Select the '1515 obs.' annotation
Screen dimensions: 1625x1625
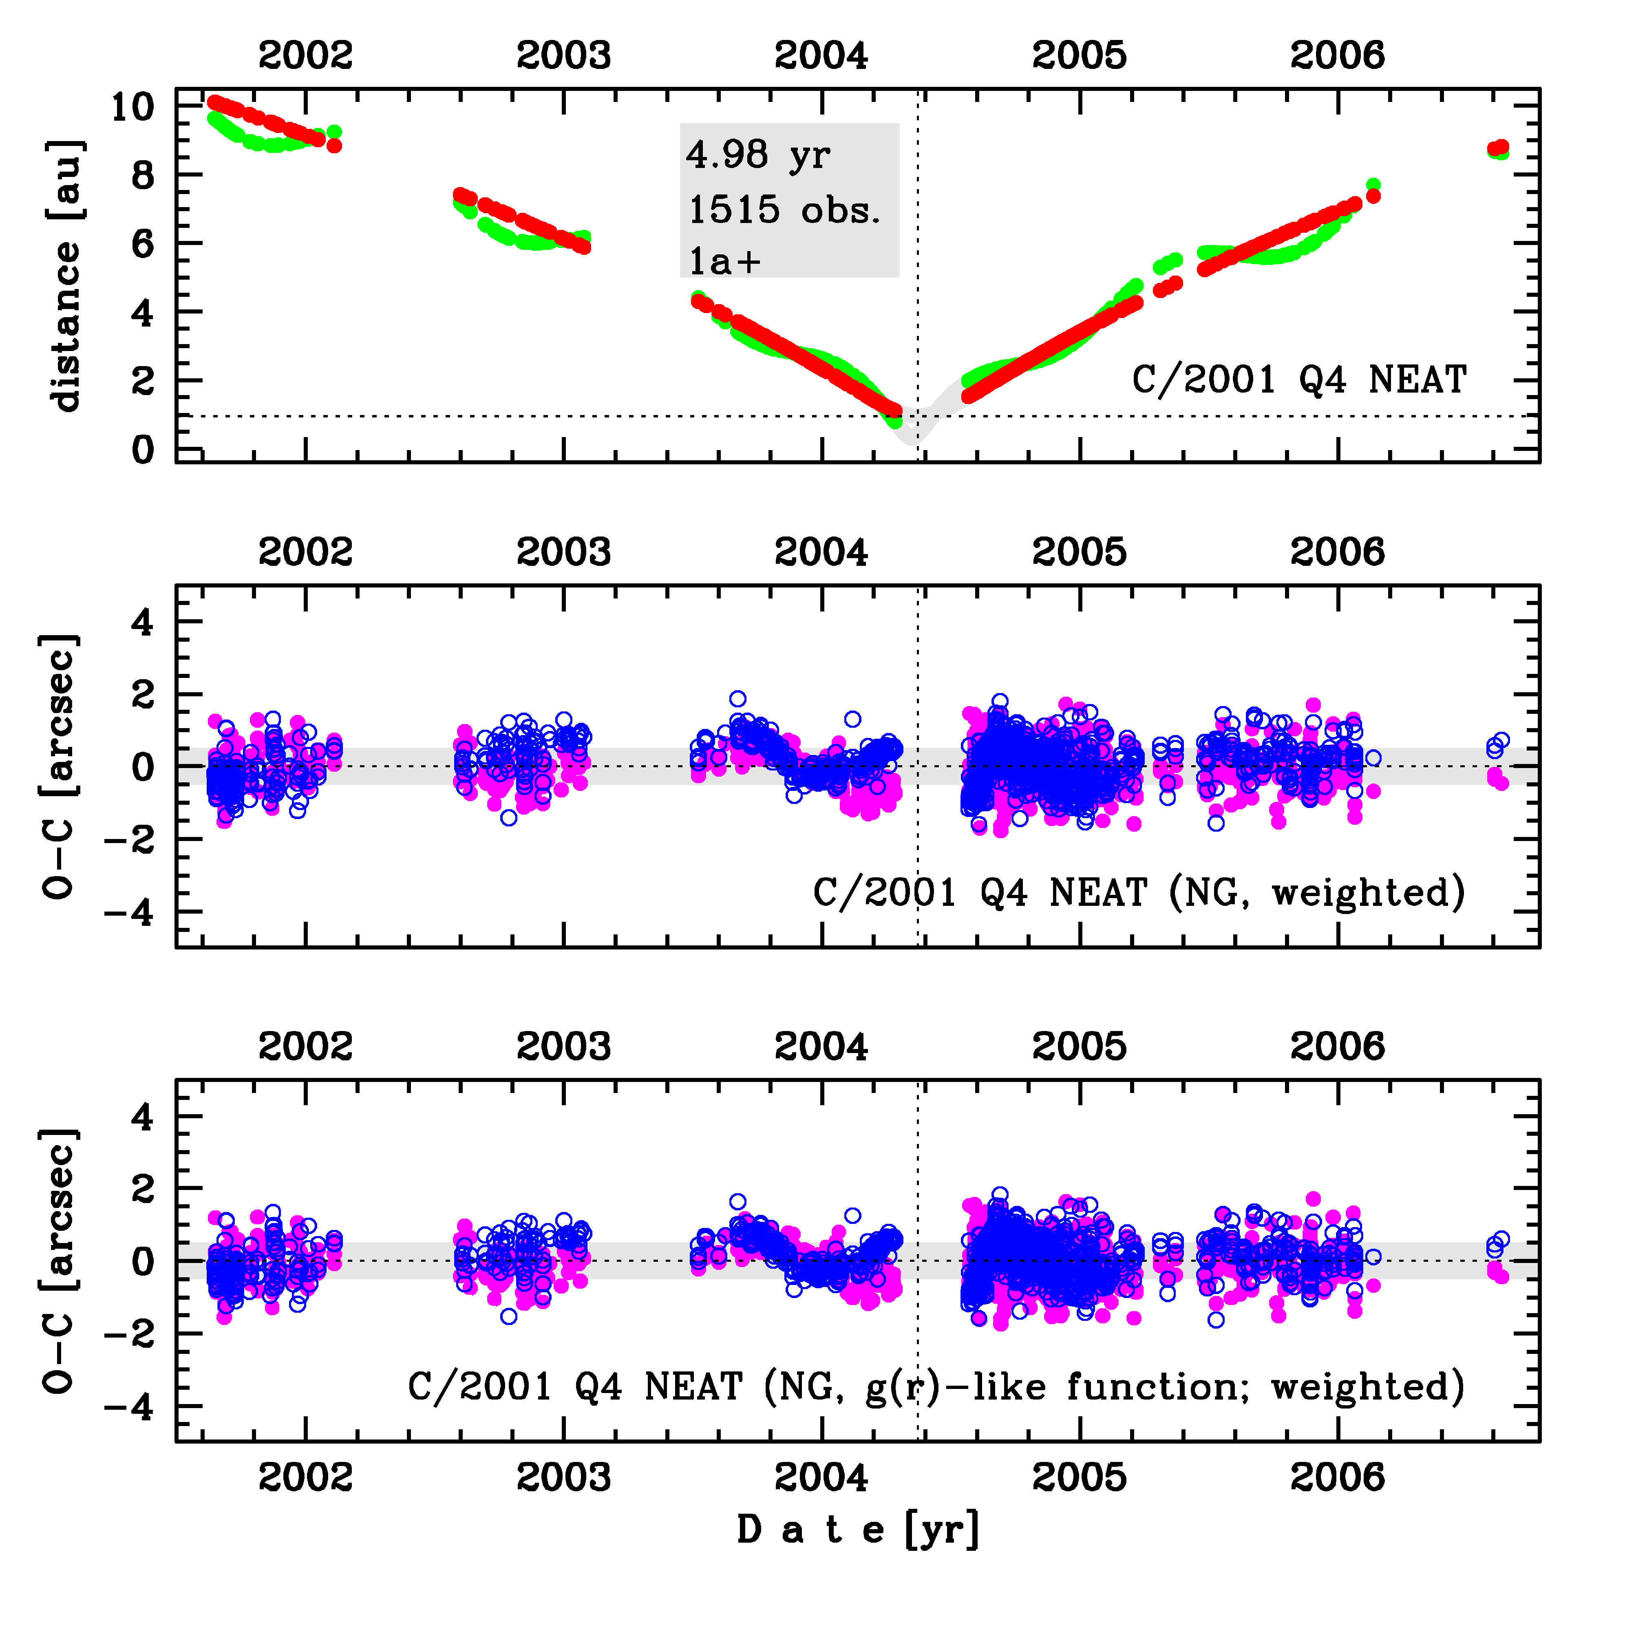(x=784, y=210)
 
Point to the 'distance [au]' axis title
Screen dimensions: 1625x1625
(x=66, y=276)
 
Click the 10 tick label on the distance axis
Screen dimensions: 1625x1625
(x=133, y=107)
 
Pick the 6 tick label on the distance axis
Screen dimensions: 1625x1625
(x=143, y=244)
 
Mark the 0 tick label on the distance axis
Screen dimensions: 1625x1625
(x=143, y=450)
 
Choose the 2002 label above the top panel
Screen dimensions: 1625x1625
(x=305, y=55)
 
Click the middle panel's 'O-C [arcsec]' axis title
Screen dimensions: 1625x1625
(x=61, y=766)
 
